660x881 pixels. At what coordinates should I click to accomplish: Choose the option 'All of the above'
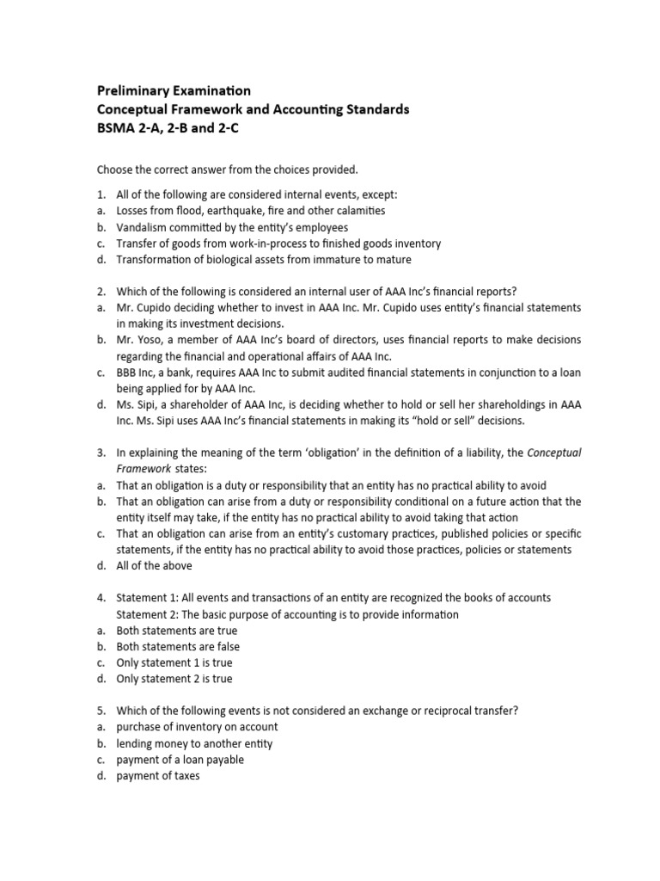pyautogui.click(x=155, y=566)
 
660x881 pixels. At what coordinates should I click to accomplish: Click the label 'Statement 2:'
pyautogui.click(x=148, y=614)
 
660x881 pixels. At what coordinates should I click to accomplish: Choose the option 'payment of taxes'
pyautogui.click(x=157, y=776)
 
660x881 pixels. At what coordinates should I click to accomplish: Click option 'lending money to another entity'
pyautogui.click(x=195, y=743)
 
